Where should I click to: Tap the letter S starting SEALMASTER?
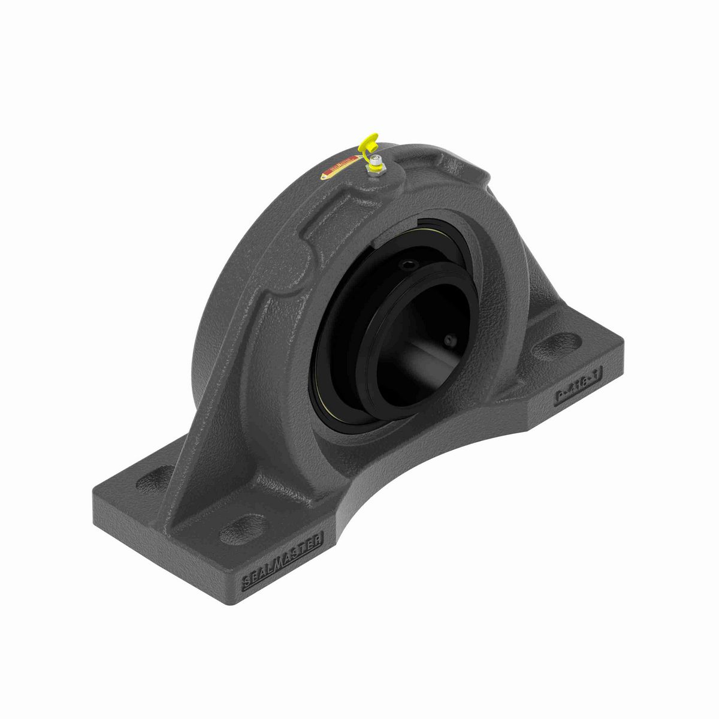pyautogui.click(x=246, y=580)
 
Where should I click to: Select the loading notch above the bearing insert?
pyautogui.click(x=383, y=238)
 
